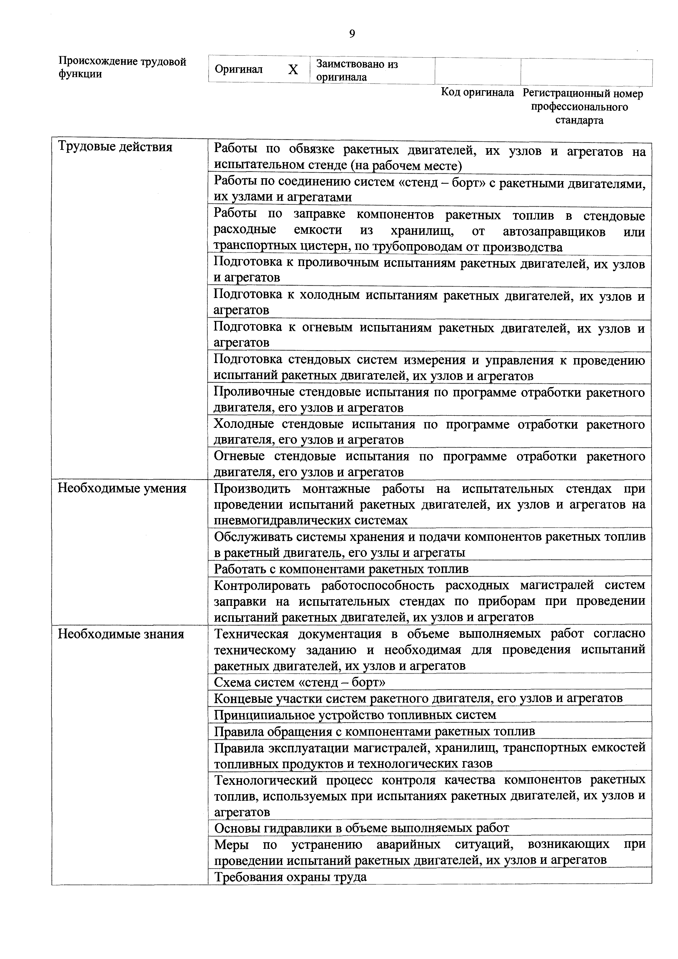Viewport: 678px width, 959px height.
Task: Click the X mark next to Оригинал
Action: (x=293, y=70)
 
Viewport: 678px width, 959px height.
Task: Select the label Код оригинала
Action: (x=477, y=92)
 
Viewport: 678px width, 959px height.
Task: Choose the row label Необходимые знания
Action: (x=121, y=635)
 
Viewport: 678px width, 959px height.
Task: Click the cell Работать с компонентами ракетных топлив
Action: (x=341, y=569)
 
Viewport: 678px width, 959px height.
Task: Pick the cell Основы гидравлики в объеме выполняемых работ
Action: (x=361, y=828)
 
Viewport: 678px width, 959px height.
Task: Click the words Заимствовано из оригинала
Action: (x=357, y=71)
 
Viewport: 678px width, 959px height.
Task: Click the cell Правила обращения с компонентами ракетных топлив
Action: (x=374, y=731)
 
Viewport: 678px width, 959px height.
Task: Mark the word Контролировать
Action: (x=262, y=586)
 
